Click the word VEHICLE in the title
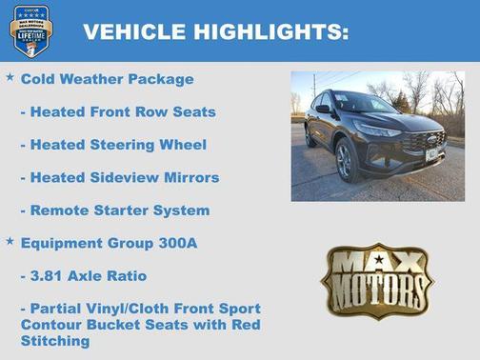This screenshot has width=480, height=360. pyautogui.click(x=134, y=32)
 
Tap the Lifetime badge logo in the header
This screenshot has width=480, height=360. pyautogui.click(x=30, y=30)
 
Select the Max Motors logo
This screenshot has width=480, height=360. pyautogui.click(x=376, y=280)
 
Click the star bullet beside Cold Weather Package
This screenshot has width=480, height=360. pyautogui.click(x=10, y=76)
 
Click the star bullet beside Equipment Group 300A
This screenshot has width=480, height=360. pyautogui.click(x=10, y=241)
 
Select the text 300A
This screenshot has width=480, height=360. pyautogui.click(x=178, y=243)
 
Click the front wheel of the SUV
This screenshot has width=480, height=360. pyautogui.click(x=344, y=161)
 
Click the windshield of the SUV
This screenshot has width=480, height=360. pyautogui.click(x=363, y=103)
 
